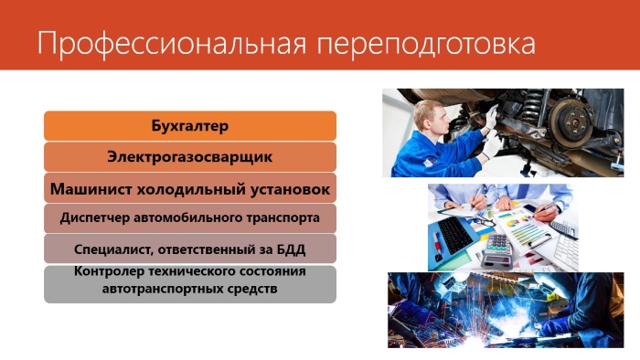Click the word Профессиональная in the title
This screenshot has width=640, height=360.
tap(172, 44)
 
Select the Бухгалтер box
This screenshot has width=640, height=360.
tap(190, 125)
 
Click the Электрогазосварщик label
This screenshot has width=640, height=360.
tap(190, 157)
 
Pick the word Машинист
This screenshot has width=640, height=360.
tap(91, 189)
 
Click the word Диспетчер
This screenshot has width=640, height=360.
tap(95, 218)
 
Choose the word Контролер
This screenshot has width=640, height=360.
tap(109, 271)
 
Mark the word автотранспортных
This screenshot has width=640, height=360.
tap(156, 289)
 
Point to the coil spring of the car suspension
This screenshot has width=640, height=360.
tap(534, 107)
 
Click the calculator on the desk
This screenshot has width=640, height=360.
tap(496, 250)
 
